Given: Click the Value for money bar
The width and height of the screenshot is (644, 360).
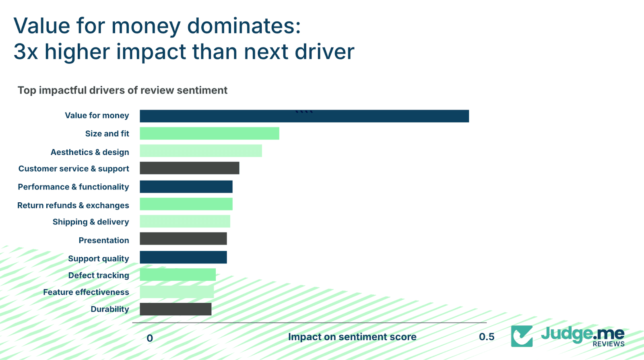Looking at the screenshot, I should click(x=304, y=116).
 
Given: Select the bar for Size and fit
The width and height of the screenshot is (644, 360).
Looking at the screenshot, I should click(x=209, y=134).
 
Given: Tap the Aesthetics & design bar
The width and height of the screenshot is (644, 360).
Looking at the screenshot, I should click(x=201, y=151).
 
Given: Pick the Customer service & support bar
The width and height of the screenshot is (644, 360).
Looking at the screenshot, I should click(x=190, y=168).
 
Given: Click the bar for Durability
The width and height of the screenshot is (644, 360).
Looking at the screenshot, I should click(x=175, y=309).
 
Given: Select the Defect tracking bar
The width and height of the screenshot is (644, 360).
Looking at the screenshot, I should click(x=178, y=275).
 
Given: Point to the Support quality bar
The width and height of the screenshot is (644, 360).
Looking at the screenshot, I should click(x=183, y=257).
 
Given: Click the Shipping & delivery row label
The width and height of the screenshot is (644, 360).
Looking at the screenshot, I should click(x=91, y=222).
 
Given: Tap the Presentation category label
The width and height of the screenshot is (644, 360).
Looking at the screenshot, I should click(x=104, y=241).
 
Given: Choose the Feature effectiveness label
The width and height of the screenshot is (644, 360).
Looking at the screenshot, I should click(x=86, y=292).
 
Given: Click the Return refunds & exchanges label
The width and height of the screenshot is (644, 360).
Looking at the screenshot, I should click(x=73, y=206).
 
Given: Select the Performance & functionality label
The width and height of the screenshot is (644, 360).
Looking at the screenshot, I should click(x=73, y=187).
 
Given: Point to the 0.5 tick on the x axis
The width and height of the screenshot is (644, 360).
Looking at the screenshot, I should click(x=487, y=337).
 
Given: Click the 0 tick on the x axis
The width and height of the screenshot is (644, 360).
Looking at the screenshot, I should click(x=150, y=338).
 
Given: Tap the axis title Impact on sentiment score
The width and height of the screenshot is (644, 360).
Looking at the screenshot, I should click(x=352, y=337).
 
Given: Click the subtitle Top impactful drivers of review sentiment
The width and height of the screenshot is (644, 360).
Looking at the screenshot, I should click(x=122, y=91).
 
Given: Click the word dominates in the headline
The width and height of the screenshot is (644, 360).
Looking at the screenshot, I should click(x=244, y=26).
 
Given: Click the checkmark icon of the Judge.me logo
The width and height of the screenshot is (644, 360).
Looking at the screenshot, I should click(x=522, y=336).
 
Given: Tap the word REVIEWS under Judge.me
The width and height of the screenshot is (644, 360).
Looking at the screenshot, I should click(x=608, y=344).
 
